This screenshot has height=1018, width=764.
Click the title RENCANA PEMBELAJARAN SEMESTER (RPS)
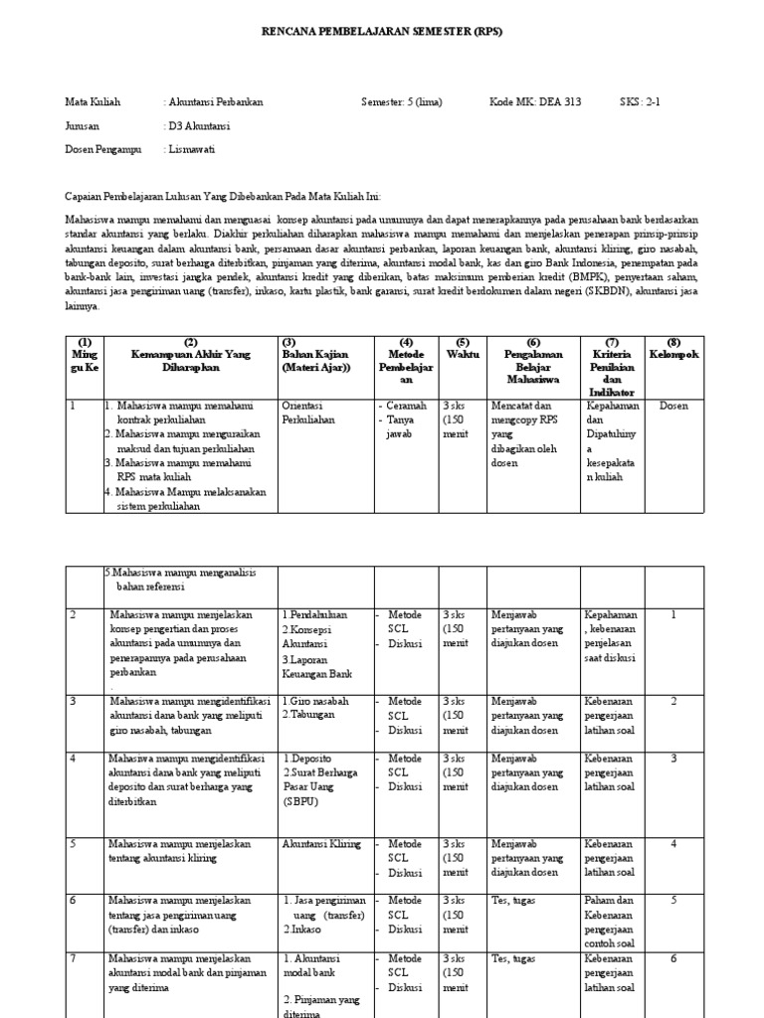click(x=382, y=32)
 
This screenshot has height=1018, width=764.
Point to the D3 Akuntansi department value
click(x=199, y=126)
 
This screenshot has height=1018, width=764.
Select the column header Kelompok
click(x=673, y=354)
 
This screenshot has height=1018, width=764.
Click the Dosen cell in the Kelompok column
click(x=673, y=406)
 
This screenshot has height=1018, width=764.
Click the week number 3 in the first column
click(x=73, y=701)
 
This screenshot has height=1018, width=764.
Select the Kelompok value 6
click(x=673, y=958)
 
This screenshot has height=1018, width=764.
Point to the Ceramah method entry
click(x=404, y=406)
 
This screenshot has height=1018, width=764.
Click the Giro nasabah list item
click(x=315, y=701)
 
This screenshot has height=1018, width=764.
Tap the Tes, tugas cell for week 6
click(x=513, y=901)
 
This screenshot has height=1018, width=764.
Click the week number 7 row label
click(x=73, y=958)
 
